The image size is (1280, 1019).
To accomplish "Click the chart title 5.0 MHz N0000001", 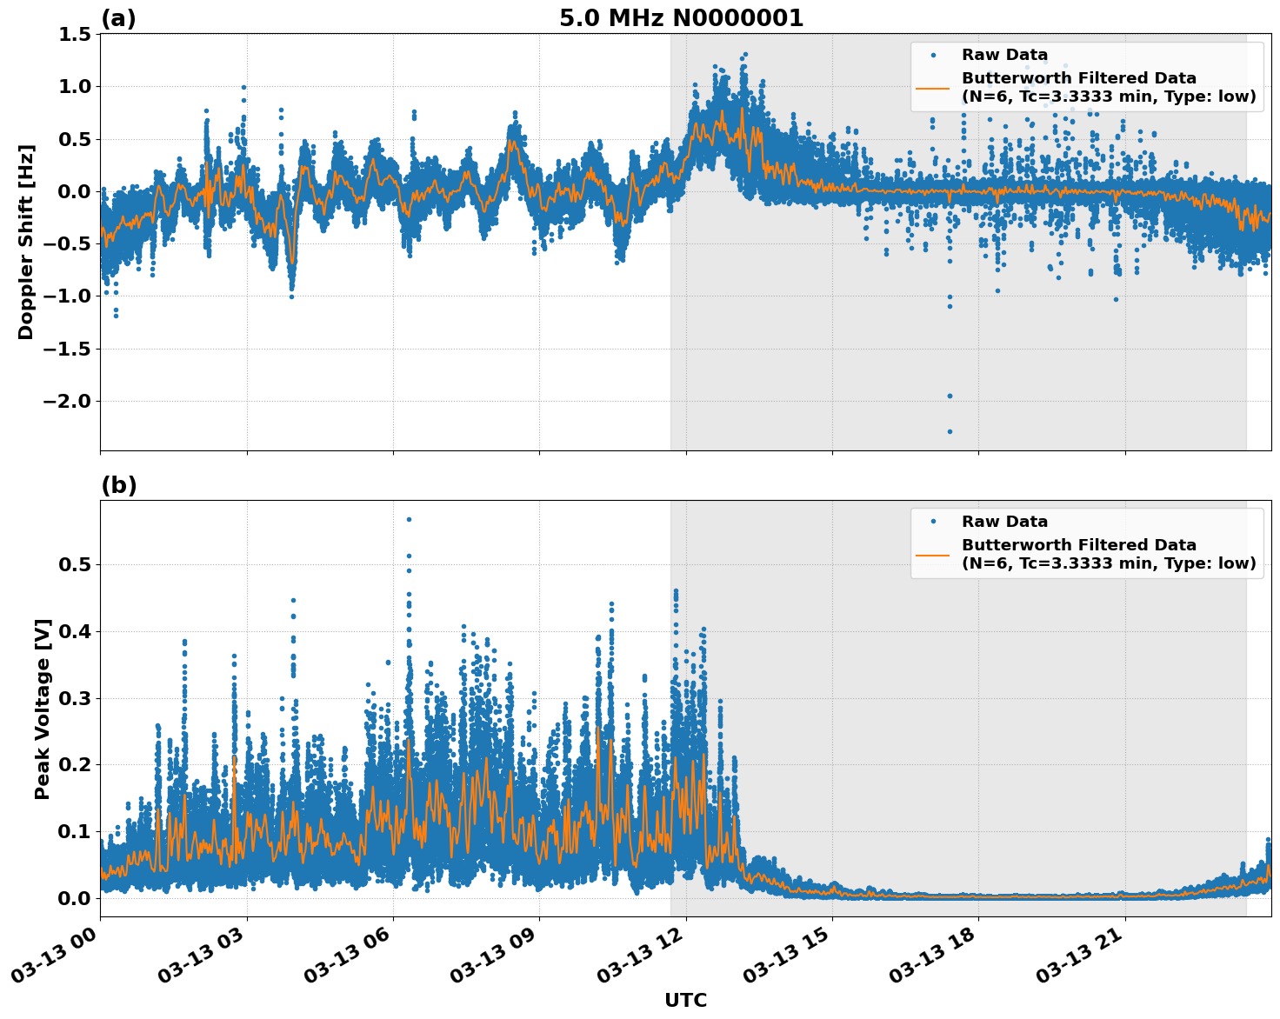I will pyautogui.click(x=681, y=18).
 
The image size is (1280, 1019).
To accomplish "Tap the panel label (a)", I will pyautogui.click(x=118, y=18).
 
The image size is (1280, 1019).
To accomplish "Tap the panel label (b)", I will pyautogui.click(x=118, y=485).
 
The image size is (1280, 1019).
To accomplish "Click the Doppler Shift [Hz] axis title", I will pyautogui.click(x=26, y=242).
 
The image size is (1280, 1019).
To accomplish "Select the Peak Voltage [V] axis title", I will pyautogui.click(x=42, y=709).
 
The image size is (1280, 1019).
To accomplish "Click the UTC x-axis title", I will pyautogui.click(x=685, y=1000).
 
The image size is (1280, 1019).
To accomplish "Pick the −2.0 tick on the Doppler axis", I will pyautogui.click(x=66, y=401).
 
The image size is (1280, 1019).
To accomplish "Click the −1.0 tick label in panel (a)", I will pyautogui.click(x=66, y=296).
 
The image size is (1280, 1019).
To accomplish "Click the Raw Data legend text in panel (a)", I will pyautogui.click(x=1004, y=55).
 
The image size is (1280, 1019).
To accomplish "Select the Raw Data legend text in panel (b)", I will pyautogui.click(x=1004, y=522).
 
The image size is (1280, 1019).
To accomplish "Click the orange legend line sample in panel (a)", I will pyautogui.click(x=932, y=88).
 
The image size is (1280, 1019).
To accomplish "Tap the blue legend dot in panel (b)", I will pyautogui.click(x=932, y=522).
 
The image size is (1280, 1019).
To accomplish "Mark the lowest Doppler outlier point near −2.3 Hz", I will pyautogui.click(x=950, y=431).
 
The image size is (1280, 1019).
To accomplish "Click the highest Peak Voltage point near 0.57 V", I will pyautogui.click(x=409, y=519).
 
